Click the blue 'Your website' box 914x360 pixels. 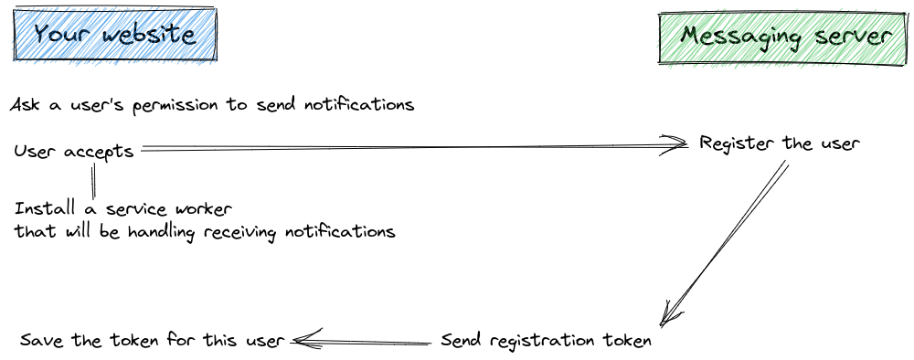[114, 35]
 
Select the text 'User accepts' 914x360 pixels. [74, 152]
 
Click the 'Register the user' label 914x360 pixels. [780, 144]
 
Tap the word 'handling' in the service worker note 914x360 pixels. [179, 232]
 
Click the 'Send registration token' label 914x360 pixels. [546, 342]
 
